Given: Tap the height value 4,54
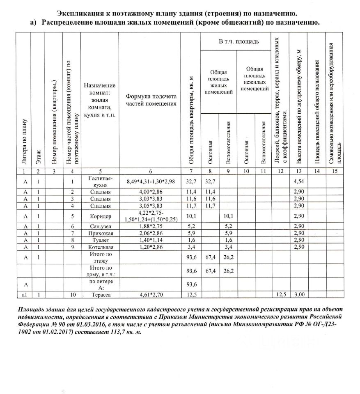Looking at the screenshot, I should coord(298,181).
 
